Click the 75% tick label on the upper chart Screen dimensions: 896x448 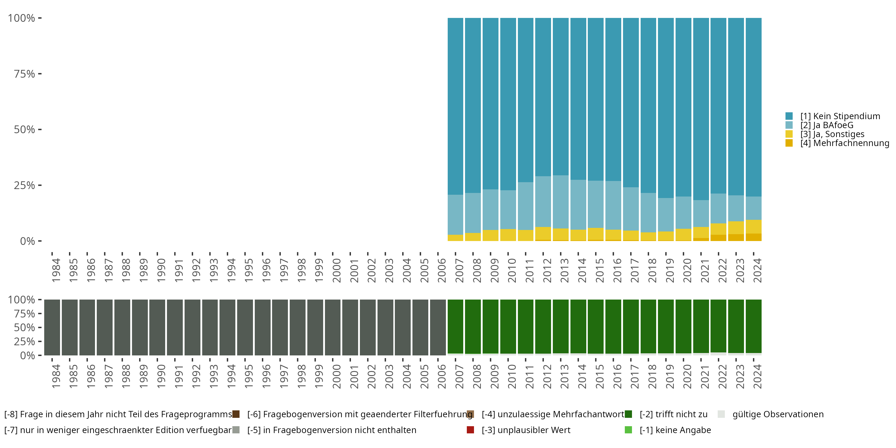click(24, 74)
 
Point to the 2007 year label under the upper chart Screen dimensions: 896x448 click(459, 270)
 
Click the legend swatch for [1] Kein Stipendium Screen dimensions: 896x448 click(789, 116)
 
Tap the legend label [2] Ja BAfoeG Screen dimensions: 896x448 click(827, 125)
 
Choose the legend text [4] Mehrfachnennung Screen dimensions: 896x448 click(845, 143)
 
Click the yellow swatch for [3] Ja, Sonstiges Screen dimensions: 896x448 click(789, 134)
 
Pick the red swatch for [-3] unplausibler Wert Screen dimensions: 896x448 click(470, 430)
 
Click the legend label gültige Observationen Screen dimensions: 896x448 click(778, 414)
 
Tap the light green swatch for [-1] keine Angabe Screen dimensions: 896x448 click(628, 430)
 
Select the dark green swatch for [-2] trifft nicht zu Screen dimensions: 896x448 click(628, 414)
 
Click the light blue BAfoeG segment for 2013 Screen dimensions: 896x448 click(561, 202)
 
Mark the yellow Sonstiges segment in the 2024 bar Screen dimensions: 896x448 click(754, 226)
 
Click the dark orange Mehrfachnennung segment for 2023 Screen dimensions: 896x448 click(736, 237)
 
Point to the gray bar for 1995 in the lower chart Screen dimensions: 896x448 click(245, 327)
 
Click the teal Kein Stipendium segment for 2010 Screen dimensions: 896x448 click(508, 104)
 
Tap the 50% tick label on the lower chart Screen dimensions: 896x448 click(24, 327)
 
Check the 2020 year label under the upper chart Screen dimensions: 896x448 click(687, 270)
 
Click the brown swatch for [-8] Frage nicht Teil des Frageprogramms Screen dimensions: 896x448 click(236, 414)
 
